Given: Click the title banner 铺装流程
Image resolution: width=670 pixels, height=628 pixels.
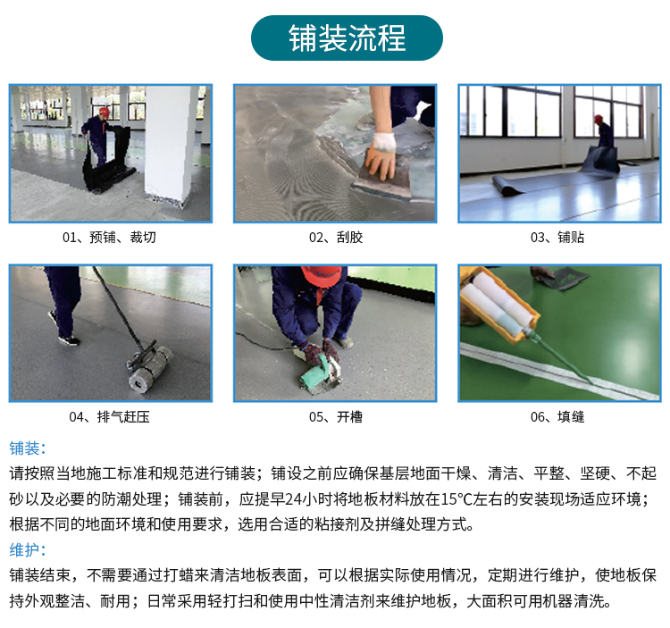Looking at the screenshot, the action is [x=347, y=38].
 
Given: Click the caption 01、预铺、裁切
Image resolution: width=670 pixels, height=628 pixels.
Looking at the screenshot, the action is [x=109, y=237].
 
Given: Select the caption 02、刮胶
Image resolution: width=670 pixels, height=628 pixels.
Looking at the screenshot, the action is [x=336, y=237].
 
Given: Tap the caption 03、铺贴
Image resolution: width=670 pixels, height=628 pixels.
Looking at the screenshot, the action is [x=557, y=237].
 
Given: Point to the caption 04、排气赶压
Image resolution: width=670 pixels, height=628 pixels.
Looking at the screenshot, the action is [x=109, y=417].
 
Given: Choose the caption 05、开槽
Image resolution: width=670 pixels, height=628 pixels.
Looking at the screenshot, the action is [x=336, y=417].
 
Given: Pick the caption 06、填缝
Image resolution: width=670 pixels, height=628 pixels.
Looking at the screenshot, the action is [x=557, y=417].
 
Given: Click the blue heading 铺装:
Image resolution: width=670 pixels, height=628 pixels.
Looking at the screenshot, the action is [x=28, y=448].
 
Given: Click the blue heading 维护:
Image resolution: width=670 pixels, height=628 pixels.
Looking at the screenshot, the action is [x=28, y=549].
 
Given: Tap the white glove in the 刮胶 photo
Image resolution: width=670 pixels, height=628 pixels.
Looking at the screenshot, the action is [x=384, y=142].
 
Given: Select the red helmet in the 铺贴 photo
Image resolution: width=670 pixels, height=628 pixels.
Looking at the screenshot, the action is [x=599, y=119].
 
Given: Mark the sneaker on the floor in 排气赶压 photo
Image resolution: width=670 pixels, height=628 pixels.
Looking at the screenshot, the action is [x=69, y=340].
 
